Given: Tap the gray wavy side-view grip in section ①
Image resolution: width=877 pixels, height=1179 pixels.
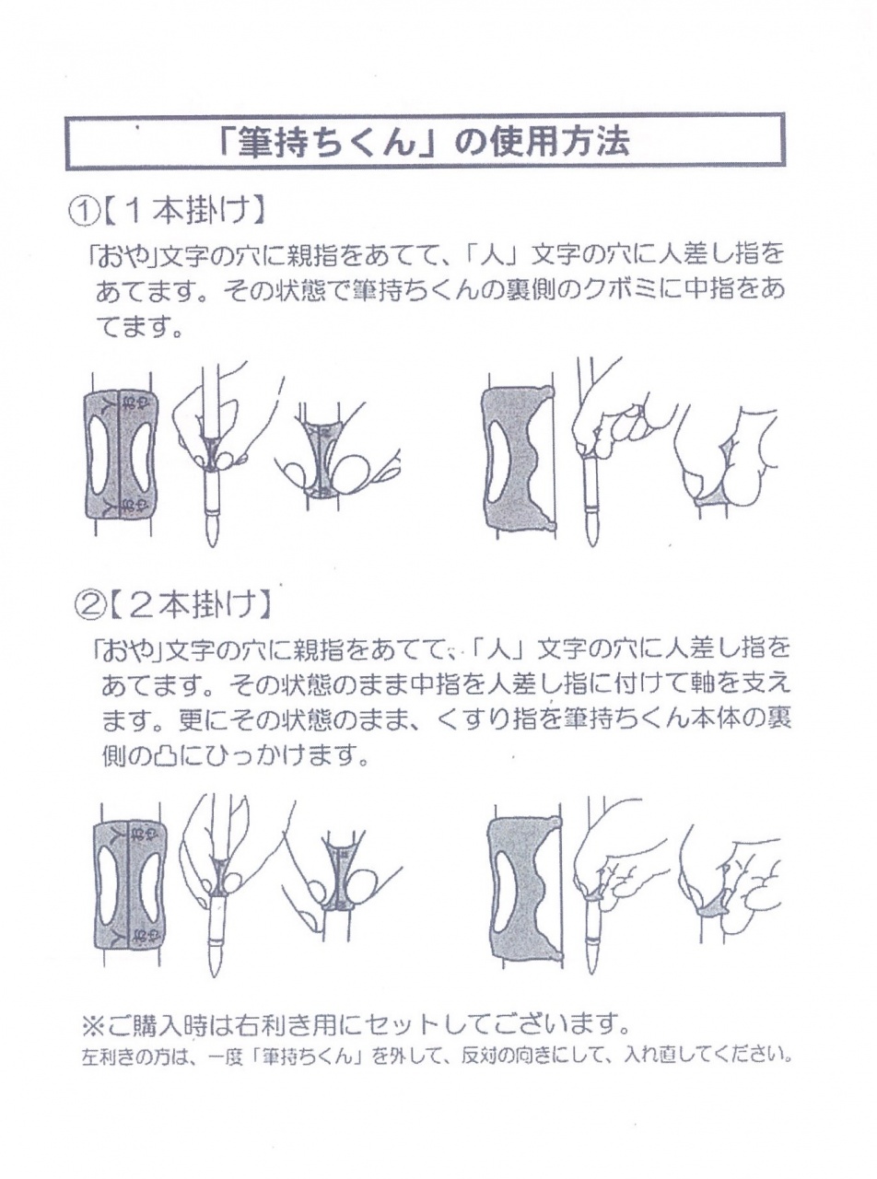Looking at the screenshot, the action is [518, 458].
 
